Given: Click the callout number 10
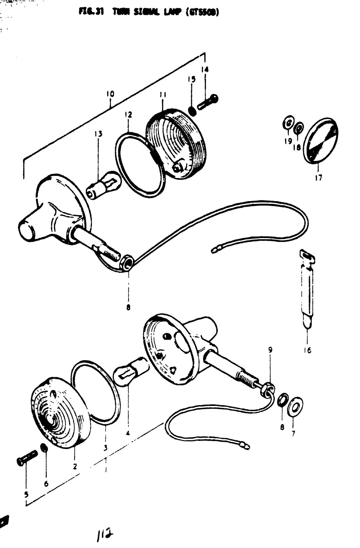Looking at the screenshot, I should [110, 94].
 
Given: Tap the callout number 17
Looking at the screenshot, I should [319, 177].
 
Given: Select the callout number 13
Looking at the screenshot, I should [98, 134].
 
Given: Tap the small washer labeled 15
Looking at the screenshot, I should [193, 110].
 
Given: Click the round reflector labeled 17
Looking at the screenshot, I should [320, 141].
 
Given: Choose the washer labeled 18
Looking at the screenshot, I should [298, 128].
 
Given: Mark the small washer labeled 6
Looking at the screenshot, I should [44, 449].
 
